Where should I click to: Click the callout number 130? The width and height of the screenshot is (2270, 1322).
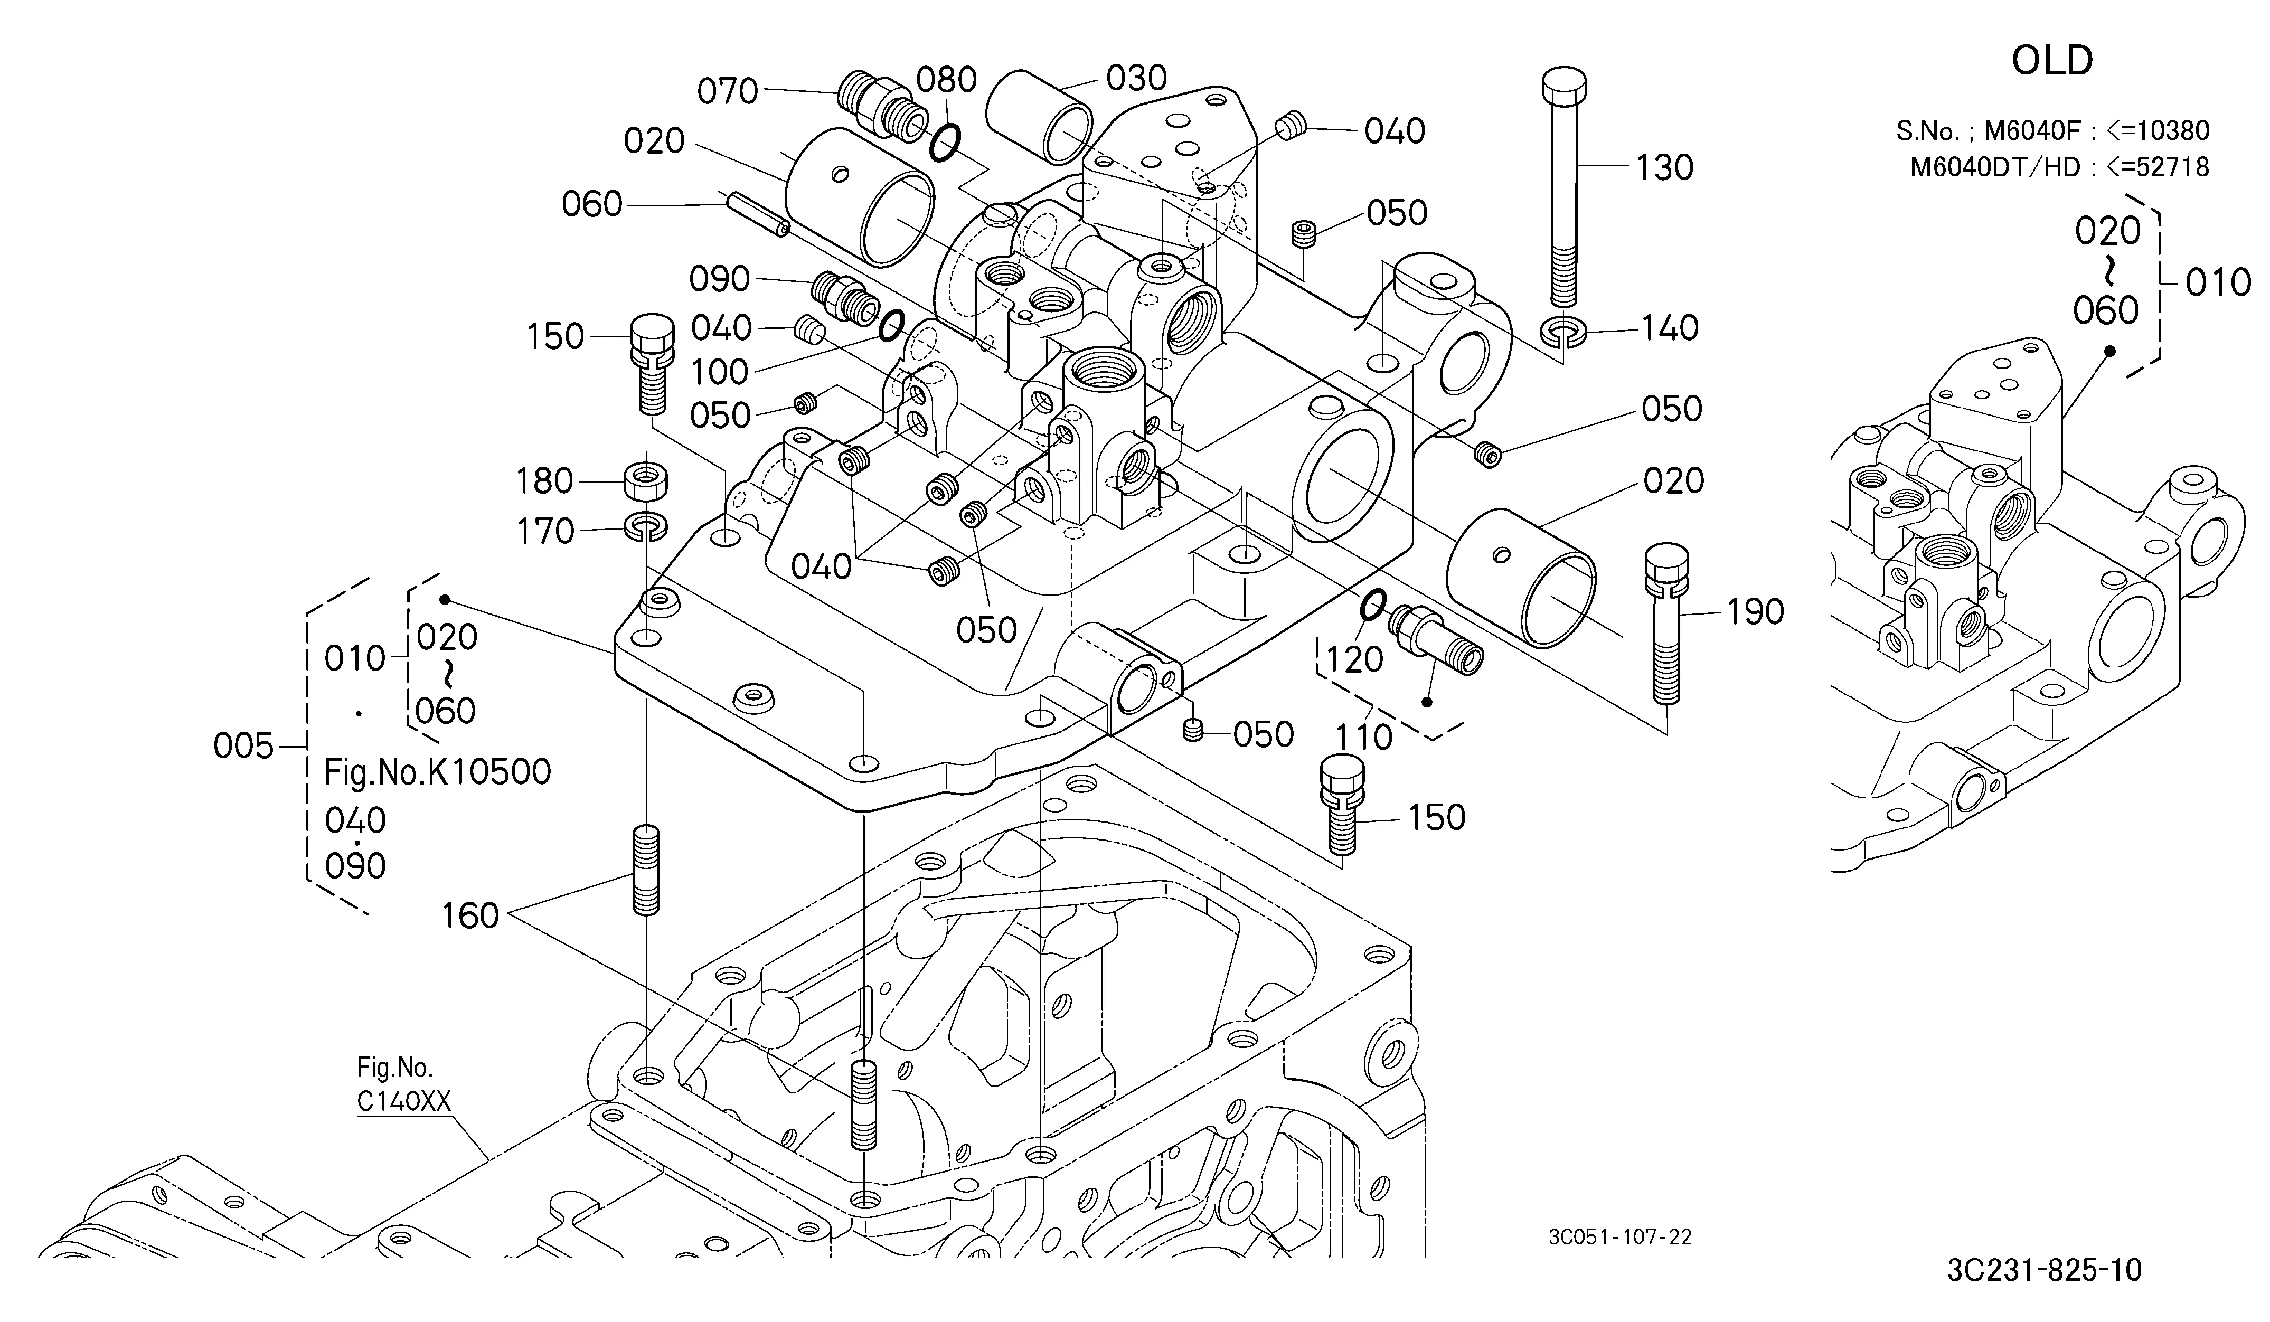point(1665,167)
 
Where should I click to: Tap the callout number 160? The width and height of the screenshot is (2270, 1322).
point(470,916)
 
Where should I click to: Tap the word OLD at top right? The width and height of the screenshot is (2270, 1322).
point(2052,60)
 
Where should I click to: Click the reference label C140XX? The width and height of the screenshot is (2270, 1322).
point(403,1101)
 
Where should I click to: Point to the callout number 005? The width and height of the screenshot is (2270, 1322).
point(243,745)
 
